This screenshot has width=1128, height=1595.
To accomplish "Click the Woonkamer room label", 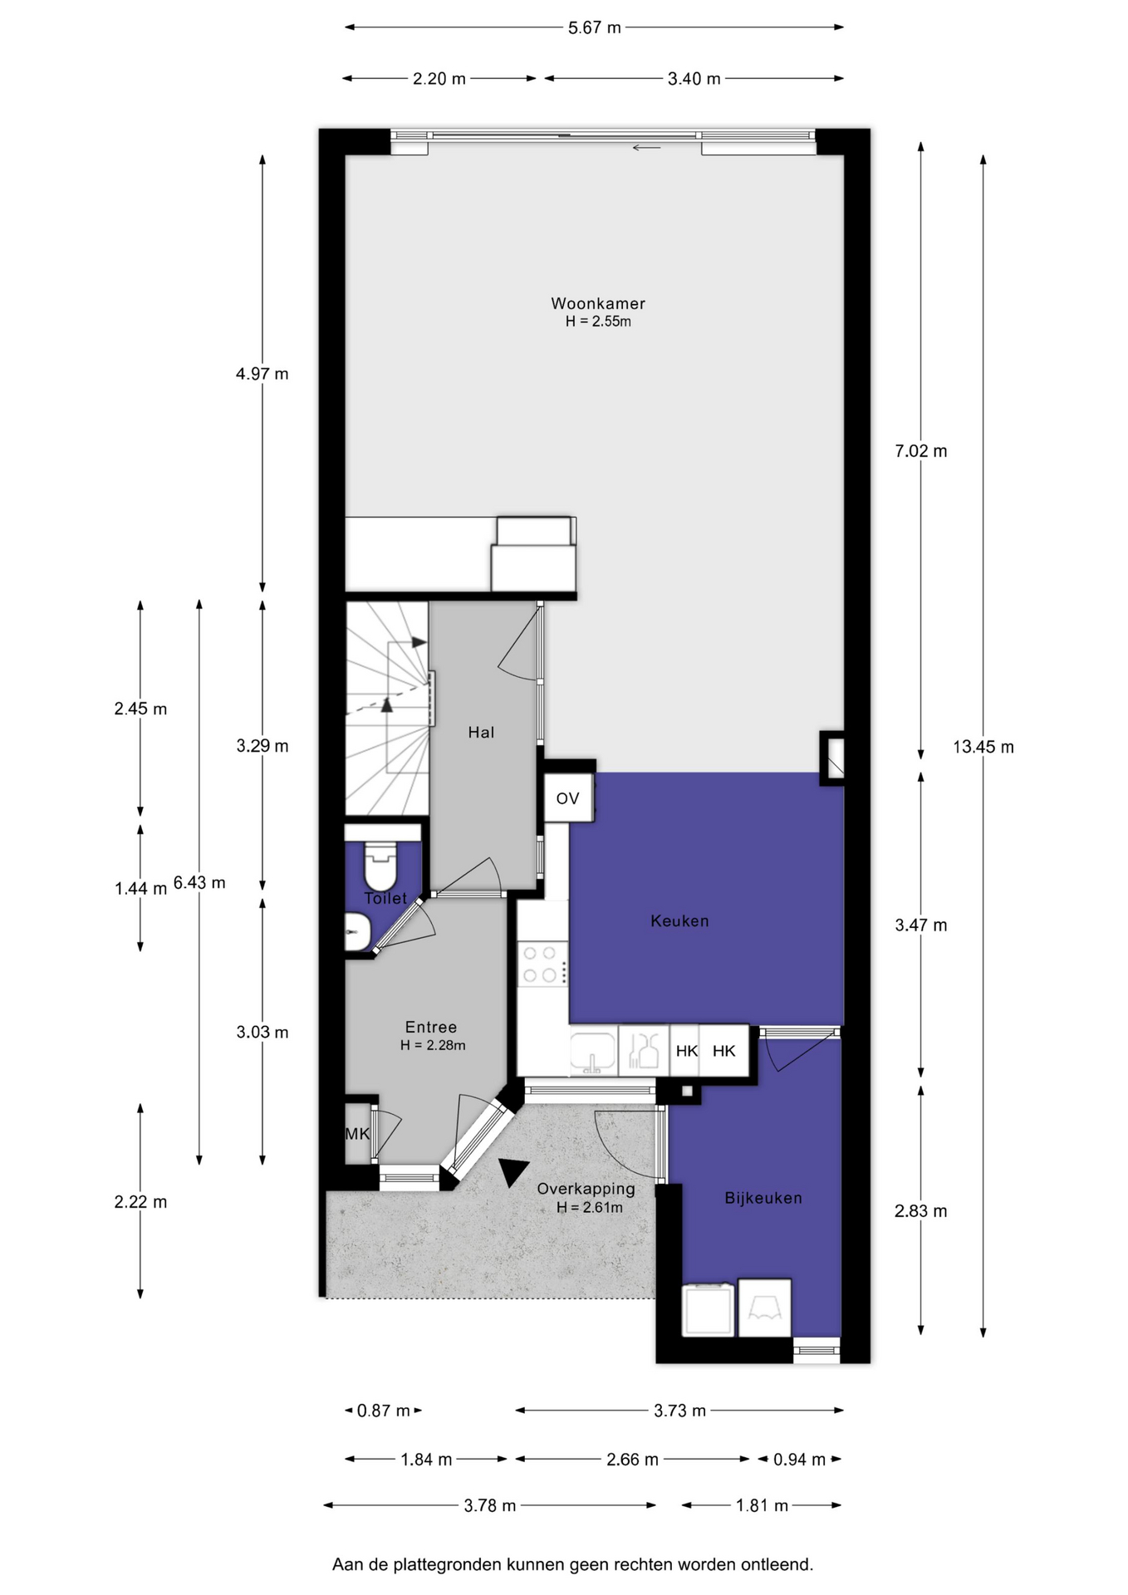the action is coord(598,304).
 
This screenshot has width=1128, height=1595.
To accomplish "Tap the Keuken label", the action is coord(679,920).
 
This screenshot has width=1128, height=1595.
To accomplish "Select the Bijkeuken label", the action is coord(763,1198).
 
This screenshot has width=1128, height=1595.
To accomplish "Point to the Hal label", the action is coord(481,732).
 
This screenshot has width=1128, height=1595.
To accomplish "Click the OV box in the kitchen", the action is coord(568,798).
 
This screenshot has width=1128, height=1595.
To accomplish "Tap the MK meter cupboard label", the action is coord(357,1134).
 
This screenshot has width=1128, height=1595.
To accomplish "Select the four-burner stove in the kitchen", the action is coord(542,964).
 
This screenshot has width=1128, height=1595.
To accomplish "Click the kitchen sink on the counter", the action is coord(593,1053).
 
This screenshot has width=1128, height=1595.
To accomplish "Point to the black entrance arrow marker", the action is coord(512,1170).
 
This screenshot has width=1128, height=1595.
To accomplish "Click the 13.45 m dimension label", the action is coord(983,747).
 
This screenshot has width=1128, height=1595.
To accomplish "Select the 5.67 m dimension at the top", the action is coord(595,27).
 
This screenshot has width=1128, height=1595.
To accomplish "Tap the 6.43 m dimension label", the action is coord(199,882).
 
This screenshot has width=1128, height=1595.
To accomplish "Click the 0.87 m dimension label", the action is coord(384,1411).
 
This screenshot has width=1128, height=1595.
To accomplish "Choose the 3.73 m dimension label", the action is coord(679,1411).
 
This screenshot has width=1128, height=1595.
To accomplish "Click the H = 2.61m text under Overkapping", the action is coord(590,1208).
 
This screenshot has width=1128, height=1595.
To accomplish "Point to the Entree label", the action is coord(431,1028).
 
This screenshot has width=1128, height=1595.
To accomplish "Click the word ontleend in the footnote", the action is coord(779,1564).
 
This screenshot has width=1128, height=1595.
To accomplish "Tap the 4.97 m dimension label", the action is coord(262,374).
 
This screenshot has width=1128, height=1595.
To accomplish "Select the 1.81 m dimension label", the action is coord(762,1505).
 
